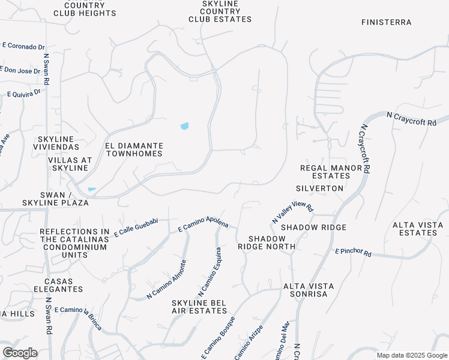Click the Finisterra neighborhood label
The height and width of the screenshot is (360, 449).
pos(387,22)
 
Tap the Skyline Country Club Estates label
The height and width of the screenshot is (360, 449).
pos(220,11)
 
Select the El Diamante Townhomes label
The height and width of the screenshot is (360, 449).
pos(134,149)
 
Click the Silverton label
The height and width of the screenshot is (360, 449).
pos(324,188)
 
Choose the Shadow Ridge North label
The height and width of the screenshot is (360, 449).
pos(267,242)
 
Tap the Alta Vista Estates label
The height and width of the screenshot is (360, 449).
pos(418,229)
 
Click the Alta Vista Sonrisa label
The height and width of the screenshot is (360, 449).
pos(306,290)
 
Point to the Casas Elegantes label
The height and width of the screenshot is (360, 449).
pos(62,285)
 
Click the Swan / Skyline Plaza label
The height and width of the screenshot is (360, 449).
pos(64,199)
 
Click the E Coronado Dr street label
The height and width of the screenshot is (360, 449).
pos(24,46)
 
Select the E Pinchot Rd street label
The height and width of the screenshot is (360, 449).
pos(353,253)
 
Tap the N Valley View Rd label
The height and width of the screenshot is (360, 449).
pos(292,212)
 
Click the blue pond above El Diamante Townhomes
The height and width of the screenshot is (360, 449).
pos(184,126)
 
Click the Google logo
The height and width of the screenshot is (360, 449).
pos(20,353)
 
